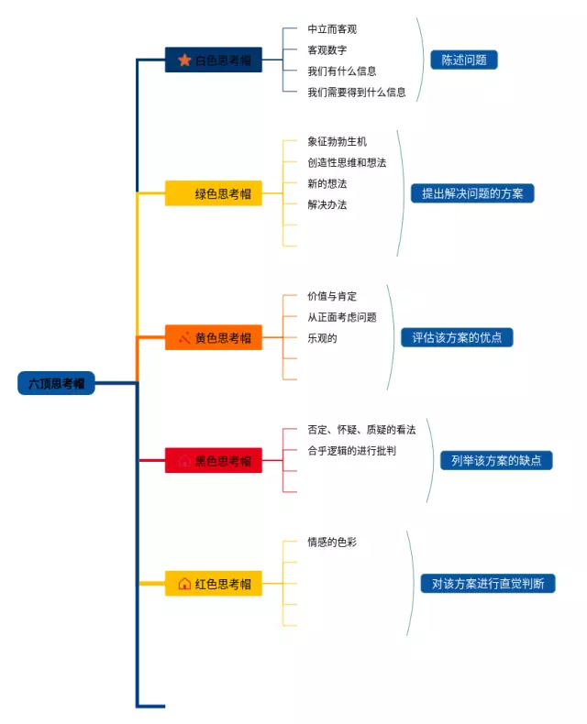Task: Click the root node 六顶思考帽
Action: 56,383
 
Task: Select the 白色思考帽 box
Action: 214,60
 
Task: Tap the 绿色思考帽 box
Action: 214,193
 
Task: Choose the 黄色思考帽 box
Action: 214,337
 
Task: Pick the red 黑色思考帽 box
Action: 214,460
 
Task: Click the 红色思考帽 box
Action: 214,583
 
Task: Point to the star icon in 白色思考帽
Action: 184,60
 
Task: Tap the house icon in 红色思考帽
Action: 184,583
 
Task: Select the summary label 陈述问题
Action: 464,60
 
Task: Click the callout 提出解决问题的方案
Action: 472,193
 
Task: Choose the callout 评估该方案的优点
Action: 457,337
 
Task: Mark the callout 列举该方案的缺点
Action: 496,460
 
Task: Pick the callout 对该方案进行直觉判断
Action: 488,583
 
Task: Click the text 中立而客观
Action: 332,28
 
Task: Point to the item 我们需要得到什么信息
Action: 357,92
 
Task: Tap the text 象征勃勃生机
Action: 337,141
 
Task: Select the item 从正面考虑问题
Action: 342,317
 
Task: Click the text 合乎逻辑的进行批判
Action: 351,450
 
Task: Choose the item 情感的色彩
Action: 332,541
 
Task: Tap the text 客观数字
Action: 327,49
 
